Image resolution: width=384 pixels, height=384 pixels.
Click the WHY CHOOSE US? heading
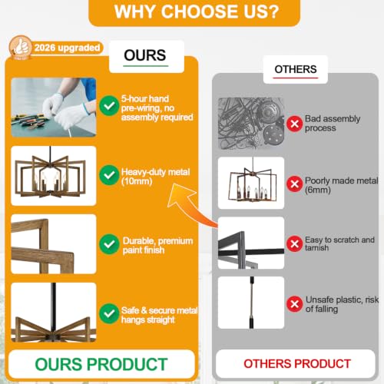click(197, 12)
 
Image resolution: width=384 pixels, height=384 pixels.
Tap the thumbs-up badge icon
click(21, 48)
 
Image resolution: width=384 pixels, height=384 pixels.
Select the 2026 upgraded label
click(67, 48)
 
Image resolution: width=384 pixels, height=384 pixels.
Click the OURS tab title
click(145, 55)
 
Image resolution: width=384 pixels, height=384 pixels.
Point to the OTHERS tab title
click(296, 69)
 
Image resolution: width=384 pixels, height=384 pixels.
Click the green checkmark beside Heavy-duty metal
click(109, 175)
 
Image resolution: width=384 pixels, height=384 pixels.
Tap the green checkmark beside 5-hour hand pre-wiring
click(109, 105)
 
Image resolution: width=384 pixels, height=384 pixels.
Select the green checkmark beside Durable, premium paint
click(109, 244)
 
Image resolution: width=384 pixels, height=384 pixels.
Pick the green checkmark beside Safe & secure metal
click(109, 313)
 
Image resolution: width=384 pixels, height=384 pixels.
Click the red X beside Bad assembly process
click(294, 124)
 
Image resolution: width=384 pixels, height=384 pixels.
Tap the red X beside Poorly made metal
click(294, 184)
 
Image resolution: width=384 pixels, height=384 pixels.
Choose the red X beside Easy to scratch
click(294, 243)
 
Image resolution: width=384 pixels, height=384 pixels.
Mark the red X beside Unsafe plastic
click(294, 304)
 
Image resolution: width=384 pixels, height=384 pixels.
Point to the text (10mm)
click(137, 181)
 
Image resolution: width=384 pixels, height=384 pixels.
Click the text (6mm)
click(318, 190)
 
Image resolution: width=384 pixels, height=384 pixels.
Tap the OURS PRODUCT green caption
click(101, 364)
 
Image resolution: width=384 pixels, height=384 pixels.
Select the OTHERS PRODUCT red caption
click(297, 364)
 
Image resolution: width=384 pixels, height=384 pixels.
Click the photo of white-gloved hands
click(54, 108)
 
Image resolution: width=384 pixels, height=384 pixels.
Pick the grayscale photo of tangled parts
click(251, 124)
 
